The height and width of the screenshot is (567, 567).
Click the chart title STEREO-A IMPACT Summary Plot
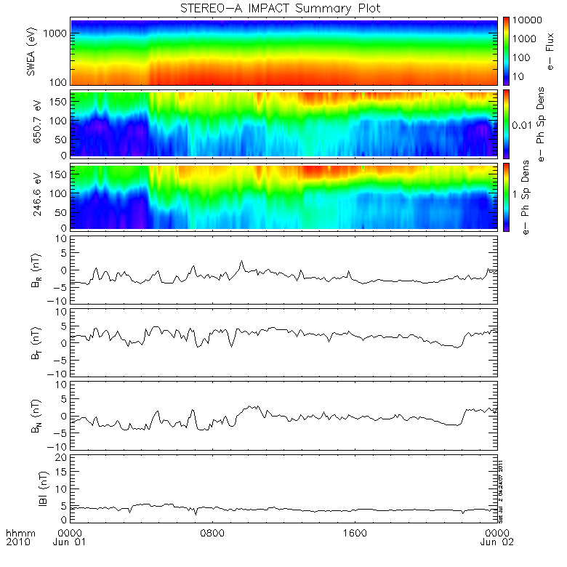(284, 8)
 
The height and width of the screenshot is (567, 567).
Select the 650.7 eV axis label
(31, 124)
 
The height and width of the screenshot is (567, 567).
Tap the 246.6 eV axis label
(31, 196)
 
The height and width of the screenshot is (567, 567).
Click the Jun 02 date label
(496, 542)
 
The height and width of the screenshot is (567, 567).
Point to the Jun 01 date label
(70, 542)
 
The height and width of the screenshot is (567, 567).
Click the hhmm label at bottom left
(17, 533)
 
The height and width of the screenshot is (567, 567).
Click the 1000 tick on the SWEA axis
(58, 33)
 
